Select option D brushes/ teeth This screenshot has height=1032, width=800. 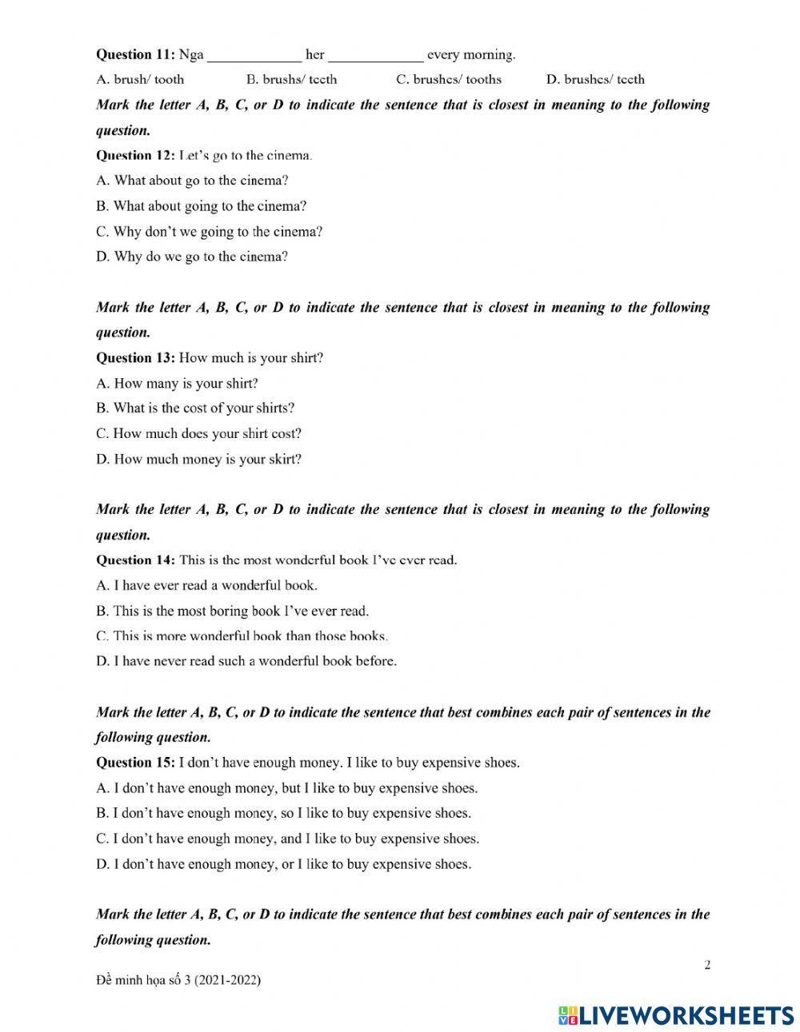pyautogui.click(x=594, y=79)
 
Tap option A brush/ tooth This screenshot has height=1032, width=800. pyautogui.click(x=140, y=79)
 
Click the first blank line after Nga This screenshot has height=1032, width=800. pyautogui.click(x=254, y=56)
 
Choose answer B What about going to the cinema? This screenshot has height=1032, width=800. pyautogui.click(x=201, y=205)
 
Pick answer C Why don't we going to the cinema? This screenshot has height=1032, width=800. pyautogui.click(x=209, y=231)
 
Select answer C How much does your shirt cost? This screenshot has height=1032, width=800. pyautogui.click(x=198, y=433)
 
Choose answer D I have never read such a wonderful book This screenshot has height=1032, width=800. pyautogui.click(x=246, y=661)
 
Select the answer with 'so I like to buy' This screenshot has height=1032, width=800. pyautogui.click(x=283, y=813)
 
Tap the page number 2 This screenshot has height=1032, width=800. pyautogui.click(x=707, y=965)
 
